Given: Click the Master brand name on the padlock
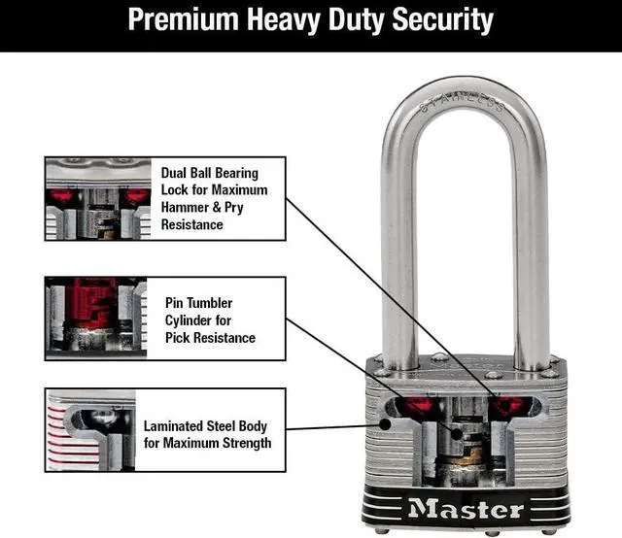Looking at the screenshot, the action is tap(466, 508).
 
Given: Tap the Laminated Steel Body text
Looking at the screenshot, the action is tap(205, 425).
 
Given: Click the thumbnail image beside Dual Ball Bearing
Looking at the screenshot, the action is tap(97, 199).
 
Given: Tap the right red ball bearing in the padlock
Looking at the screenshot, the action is tap(508, 405).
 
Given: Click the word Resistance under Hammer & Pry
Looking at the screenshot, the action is tap(192, 224).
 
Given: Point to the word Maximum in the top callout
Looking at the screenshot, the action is tap(240, 189).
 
